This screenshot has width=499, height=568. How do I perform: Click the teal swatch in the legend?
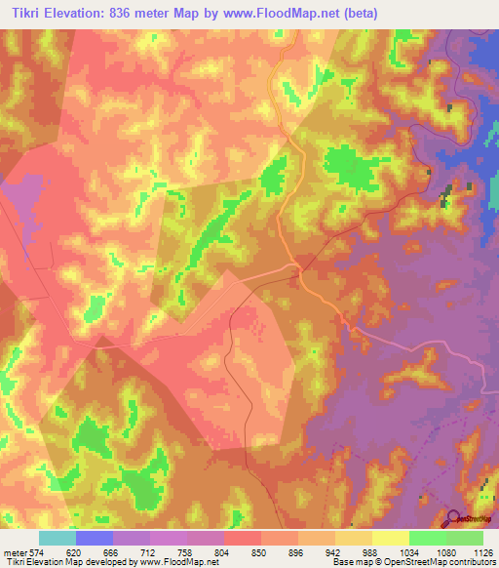(58, 538)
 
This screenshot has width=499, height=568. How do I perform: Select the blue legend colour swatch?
(95, 538)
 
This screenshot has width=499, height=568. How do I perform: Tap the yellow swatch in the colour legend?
(391, 538)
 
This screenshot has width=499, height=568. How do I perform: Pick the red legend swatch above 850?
(243, 538)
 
